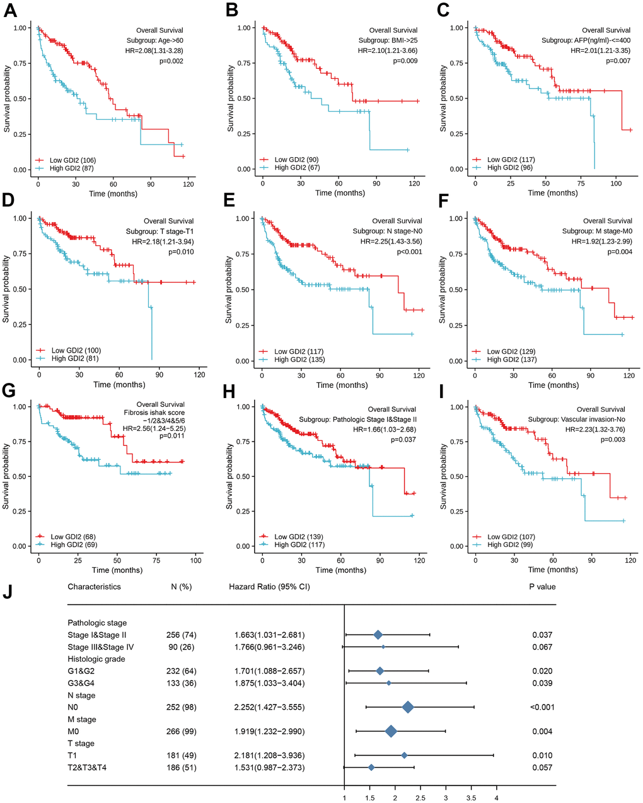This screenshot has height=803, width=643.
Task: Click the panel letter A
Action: [x=11, y=11]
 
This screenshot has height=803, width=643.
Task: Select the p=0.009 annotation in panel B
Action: [x=405, y=61]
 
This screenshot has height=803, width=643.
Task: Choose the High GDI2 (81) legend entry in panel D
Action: [x=76, y=358]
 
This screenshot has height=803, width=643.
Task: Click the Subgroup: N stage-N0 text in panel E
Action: [x=387, y=232]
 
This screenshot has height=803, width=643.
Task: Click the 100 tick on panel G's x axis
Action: [x=196, y=560]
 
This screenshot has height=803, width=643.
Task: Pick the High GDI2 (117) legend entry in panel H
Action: [x=299, y=544]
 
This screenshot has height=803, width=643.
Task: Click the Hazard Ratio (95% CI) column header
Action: [x=269, y=587]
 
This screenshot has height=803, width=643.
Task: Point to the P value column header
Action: [x=542, y=587]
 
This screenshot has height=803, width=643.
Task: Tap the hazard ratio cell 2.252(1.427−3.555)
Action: [x=267, y=707]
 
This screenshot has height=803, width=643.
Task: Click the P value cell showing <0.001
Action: [x=542, y=707]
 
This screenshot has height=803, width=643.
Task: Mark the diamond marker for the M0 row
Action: [x=391, y=731]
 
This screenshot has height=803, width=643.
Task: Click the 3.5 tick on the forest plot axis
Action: [x=471, y=797]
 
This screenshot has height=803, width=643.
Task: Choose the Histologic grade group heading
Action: [x=96, y=659]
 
